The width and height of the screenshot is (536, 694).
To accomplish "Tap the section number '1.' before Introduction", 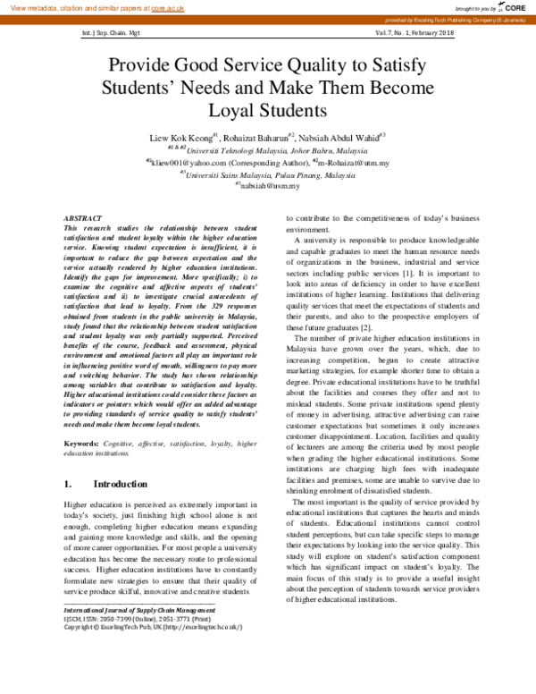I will (x=69, y=484).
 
